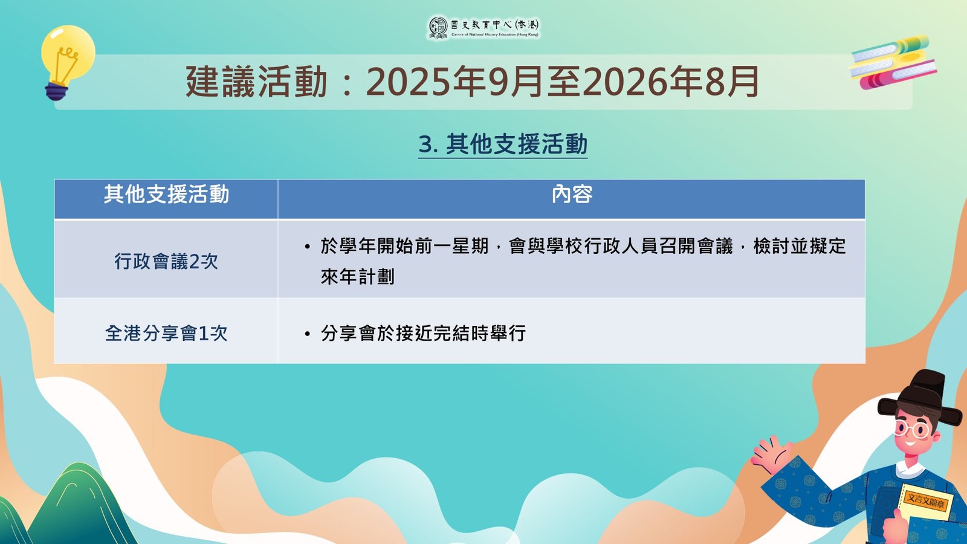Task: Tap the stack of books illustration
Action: (892, 62)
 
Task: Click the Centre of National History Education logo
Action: (484, 28)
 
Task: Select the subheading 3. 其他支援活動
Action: (503, 144)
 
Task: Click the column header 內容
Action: (572, 195)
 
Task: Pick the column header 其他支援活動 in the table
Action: (166, 195)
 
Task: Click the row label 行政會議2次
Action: (166, 262)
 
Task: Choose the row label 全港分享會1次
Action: (166, 333)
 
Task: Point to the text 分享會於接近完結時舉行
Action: (423, 333)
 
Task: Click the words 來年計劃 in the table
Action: (357, 276)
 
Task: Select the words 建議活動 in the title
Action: (256, 82)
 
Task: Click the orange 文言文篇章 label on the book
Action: (925, 501)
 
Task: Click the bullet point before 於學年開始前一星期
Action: (308, 247)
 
